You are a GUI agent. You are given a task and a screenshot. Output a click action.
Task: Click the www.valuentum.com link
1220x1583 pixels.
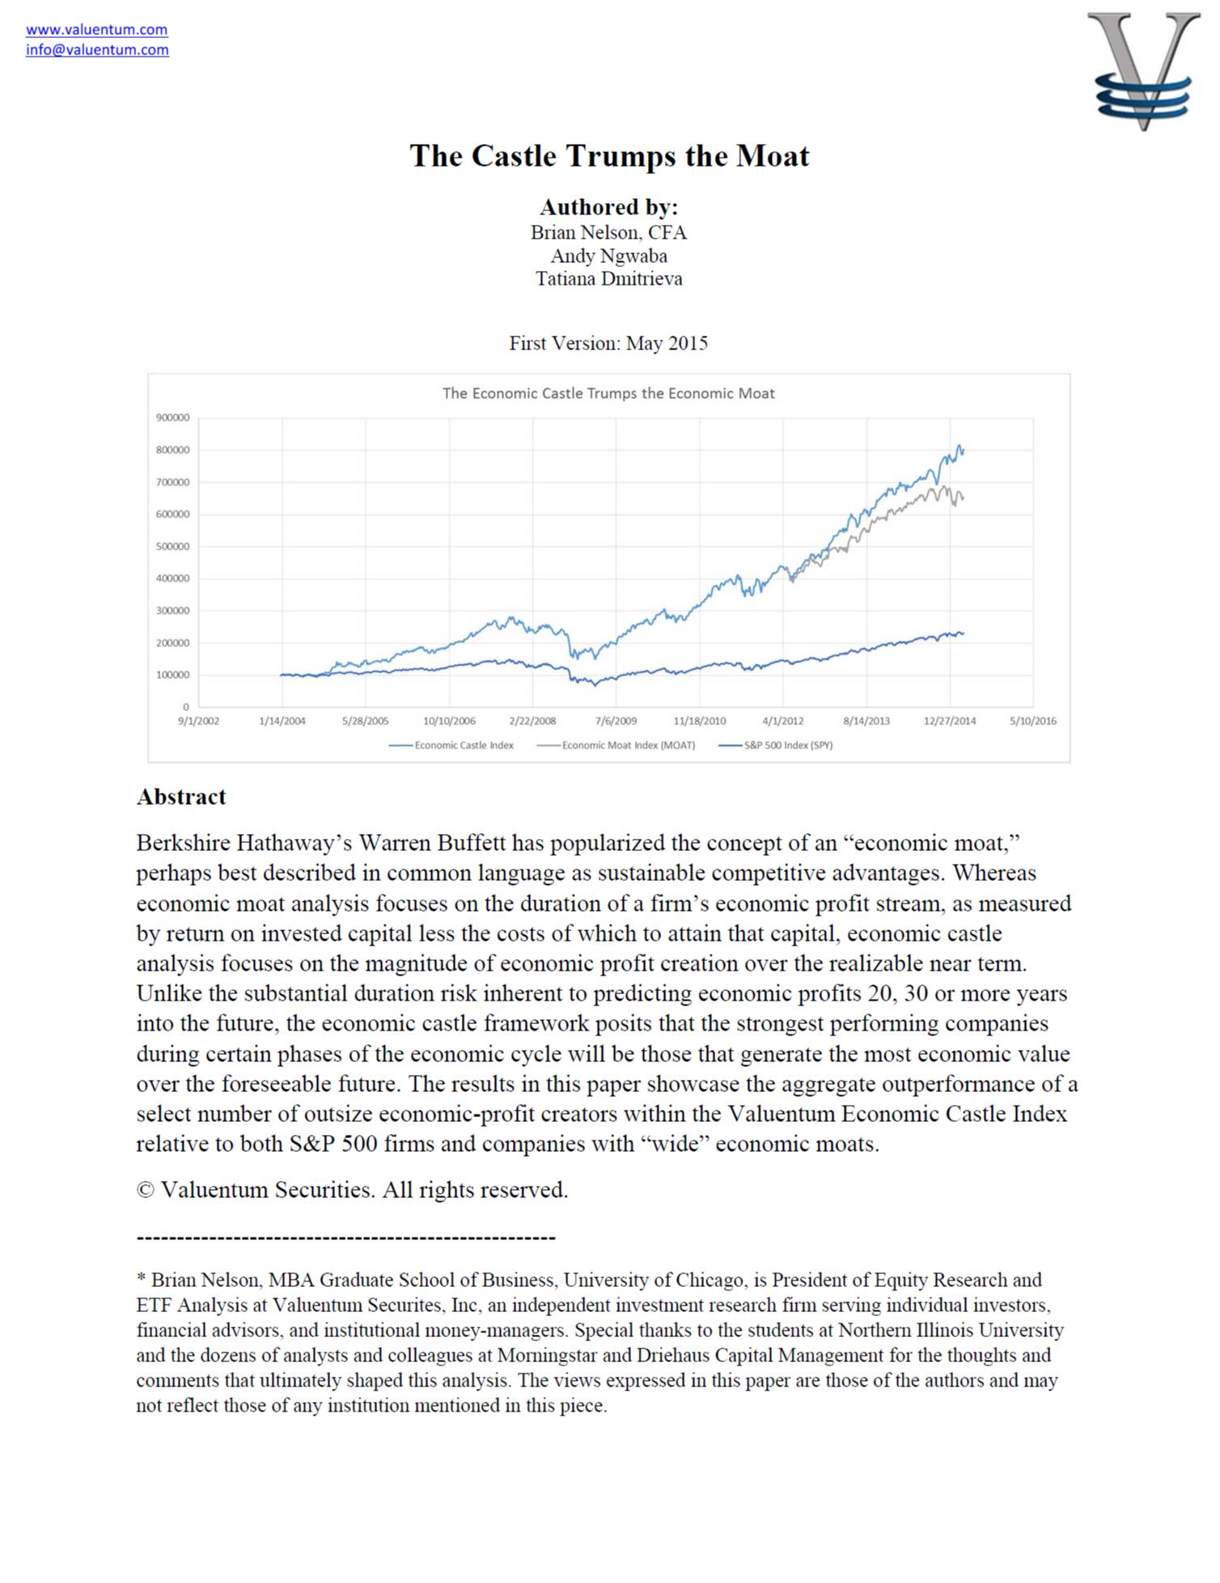(x=96, y=30)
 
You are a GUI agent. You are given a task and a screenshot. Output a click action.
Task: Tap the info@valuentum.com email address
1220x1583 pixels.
(x=97, y=50)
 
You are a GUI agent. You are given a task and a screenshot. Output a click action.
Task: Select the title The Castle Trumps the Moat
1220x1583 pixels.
(x=609, y=156)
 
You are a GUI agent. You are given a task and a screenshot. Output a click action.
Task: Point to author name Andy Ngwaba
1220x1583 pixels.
(x=608, y=256)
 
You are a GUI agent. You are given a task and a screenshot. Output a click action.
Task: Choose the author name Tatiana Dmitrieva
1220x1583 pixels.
(x=608, y=279)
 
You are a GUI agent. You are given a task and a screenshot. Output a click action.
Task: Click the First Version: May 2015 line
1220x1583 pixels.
(x=608, y=344)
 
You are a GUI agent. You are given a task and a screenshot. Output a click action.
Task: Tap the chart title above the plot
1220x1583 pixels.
(x=608, y=394)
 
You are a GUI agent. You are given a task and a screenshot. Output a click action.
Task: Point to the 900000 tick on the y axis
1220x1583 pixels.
(x=172, y=418)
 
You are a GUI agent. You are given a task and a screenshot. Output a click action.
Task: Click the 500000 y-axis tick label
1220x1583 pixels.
(x=172, y=547)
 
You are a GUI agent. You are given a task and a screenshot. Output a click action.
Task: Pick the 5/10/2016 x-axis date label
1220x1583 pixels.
(x=1032, y=722)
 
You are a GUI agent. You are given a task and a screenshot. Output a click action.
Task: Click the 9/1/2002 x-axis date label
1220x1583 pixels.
(x=198, y=722)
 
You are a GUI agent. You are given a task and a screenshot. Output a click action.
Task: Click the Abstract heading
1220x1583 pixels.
(x=181, y=798)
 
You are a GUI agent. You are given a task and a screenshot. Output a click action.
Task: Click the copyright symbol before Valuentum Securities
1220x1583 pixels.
(x=145, y=1191)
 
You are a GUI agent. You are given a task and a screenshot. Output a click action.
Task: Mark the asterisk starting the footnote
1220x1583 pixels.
(x=141, y=1280)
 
